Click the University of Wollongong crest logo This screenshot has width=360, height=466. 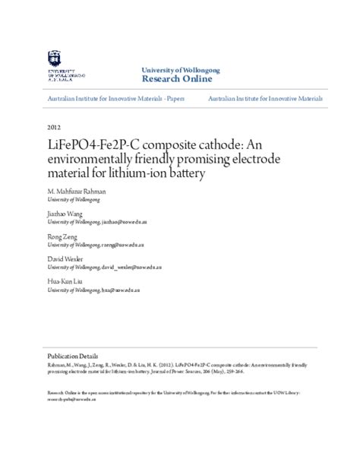pyautogui.click(x=54, y=59)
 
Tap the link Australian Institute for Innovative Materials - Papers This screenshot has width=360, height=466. pyautogui.click(x=115, y=99)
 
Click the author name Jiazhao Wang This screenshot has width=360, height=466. pyautogui.click(x=65, y=215)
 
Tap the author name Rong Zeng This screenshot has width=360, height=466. pyautogui.click(x=62, y=237)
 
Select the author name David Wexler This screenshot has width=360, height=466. pyautogui.click(x=65, y=259)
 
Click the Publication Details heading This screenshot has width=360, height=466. pyautogui.click(x=72, y=356)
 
